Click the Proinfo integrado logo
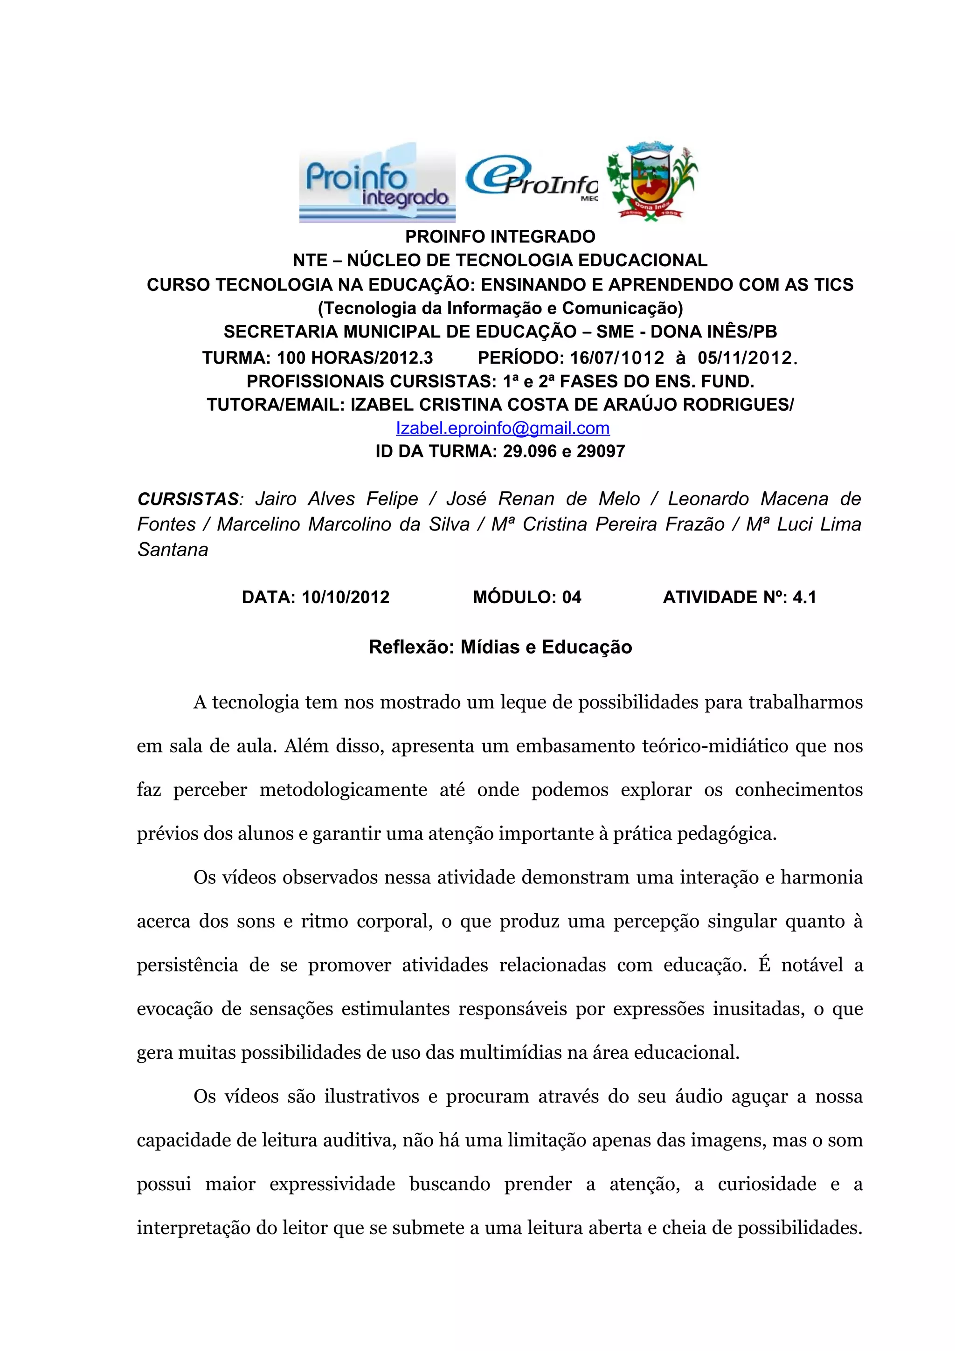[377, 182]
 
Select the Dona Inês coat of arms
[651, 180]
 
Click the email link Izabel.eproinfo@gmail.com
[503, 428]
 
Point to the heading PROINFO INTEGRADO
[500, 236]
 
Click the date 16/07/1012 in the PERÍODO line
[616, 357]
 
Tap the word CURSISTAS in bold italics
[187, 499]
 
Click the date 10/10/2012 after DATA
[346, 597]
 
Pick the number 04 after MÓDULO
[571, 597]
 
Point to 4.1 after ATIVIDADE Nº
[804, 597]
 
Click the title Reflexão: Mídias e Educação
[500, 647]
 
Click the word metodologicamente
[343, 790]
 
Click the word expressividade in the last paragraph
[332, 1184]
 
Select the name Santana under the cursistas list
[173, 550]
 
